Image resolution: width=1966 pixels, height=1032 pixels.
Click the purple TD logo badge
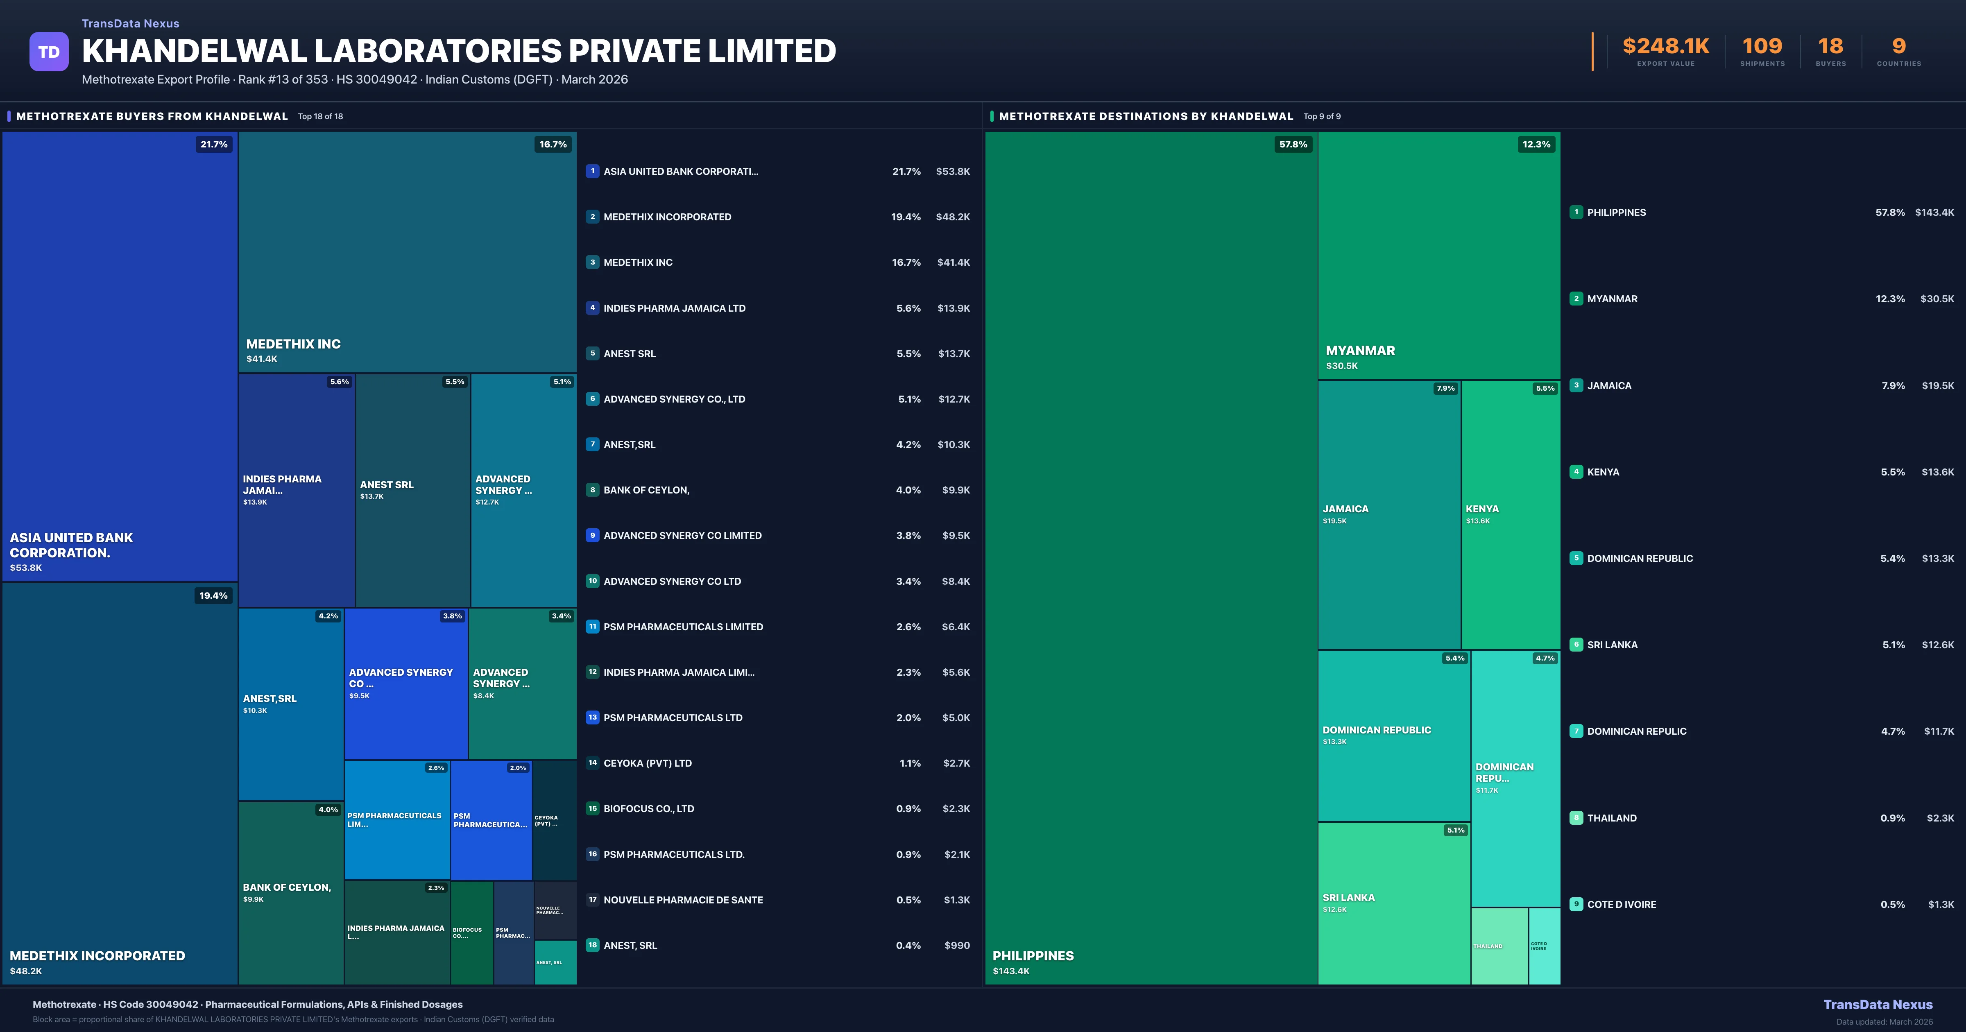click(49, 52)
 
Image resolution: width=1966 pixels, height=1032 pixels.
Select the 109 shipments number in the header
click(1762, 47)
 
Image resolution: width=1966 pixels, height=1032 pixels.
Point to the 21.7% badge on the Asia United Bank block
click(214, 144)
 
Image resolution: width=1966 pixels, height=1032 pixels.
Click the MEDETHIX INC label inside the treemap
click(293, 344)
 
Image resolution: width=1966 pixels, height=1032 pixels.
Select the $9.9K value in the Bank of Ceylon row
click(956, 490)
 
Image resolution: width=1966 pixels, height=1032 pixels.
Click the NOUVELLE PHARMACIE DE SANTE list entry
click(683, 900)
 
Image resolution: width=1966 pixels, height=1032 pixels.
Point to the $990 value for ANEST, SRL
click(957, 946)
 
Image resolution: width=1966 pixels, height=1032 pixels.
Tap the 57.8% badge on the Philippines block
click(1293, 144)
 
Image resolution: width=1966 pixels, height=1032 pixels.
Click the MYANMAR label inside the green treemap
click(1360, 351)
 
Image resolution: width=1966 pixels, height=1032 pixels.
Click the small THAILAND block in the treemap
click(1499, 946)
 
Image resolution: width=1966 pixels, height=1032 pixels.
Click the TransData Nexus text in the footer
click(1878, 1005)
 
